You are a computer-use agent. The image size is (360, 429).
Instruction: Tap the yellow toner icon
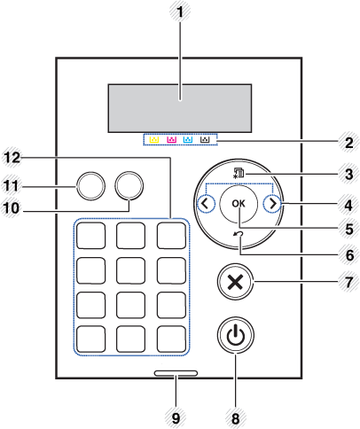[x=153, y=140]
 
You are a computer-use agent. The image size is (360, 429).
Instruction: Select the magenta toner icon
[x=170, y=140]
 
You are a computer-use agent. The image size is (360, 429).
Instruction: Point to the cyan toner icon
[x=188, y=140]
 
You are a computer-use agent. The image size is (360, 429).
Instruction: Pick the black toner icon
[x=206, y=140]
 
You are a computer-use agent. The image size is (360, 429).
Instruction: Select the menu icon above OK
[x=239, y=175]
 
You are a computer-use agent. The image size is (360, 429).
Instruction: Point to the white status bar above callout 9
[x=174, y=374]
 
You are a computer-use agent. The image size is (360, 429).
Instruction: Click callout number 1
[x=181, y=14]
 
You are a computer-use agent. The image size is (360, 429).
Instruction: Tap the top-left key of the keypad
[x=91, y=235]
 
